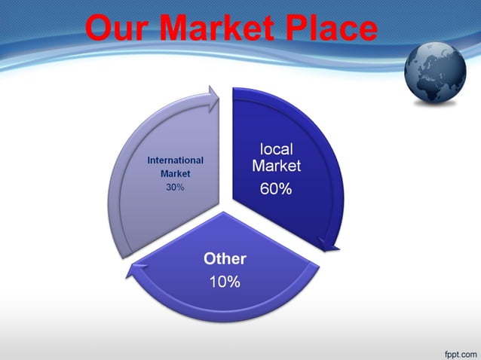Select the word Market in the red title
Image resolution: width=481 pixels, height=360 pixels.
tap(219, 29)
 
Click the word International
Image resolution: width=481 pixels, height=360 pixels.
tap(176, 160)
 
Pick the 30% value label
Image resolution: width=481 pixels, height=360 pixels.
tap(175, 188)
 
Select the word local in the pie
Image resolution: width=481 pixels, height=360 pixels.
tap(276, 149)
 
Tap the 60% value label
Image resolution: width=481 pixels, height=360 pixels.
tap(276, 189)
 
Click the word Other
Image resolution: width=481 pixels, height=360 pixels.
tap(225, 259)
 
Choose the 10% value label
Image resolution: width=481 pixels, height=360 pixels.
tap(225, 282)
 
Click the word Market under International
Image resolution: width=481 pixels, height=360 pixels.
tap(175, 174)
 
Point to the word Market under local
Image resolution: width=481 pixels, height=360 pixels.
tap(276, 166)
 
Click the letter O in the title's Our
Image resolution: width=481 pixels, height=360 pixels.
tap(100, 29)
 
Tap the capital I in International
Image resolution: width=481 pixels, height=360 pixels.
tap(149, 160)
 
